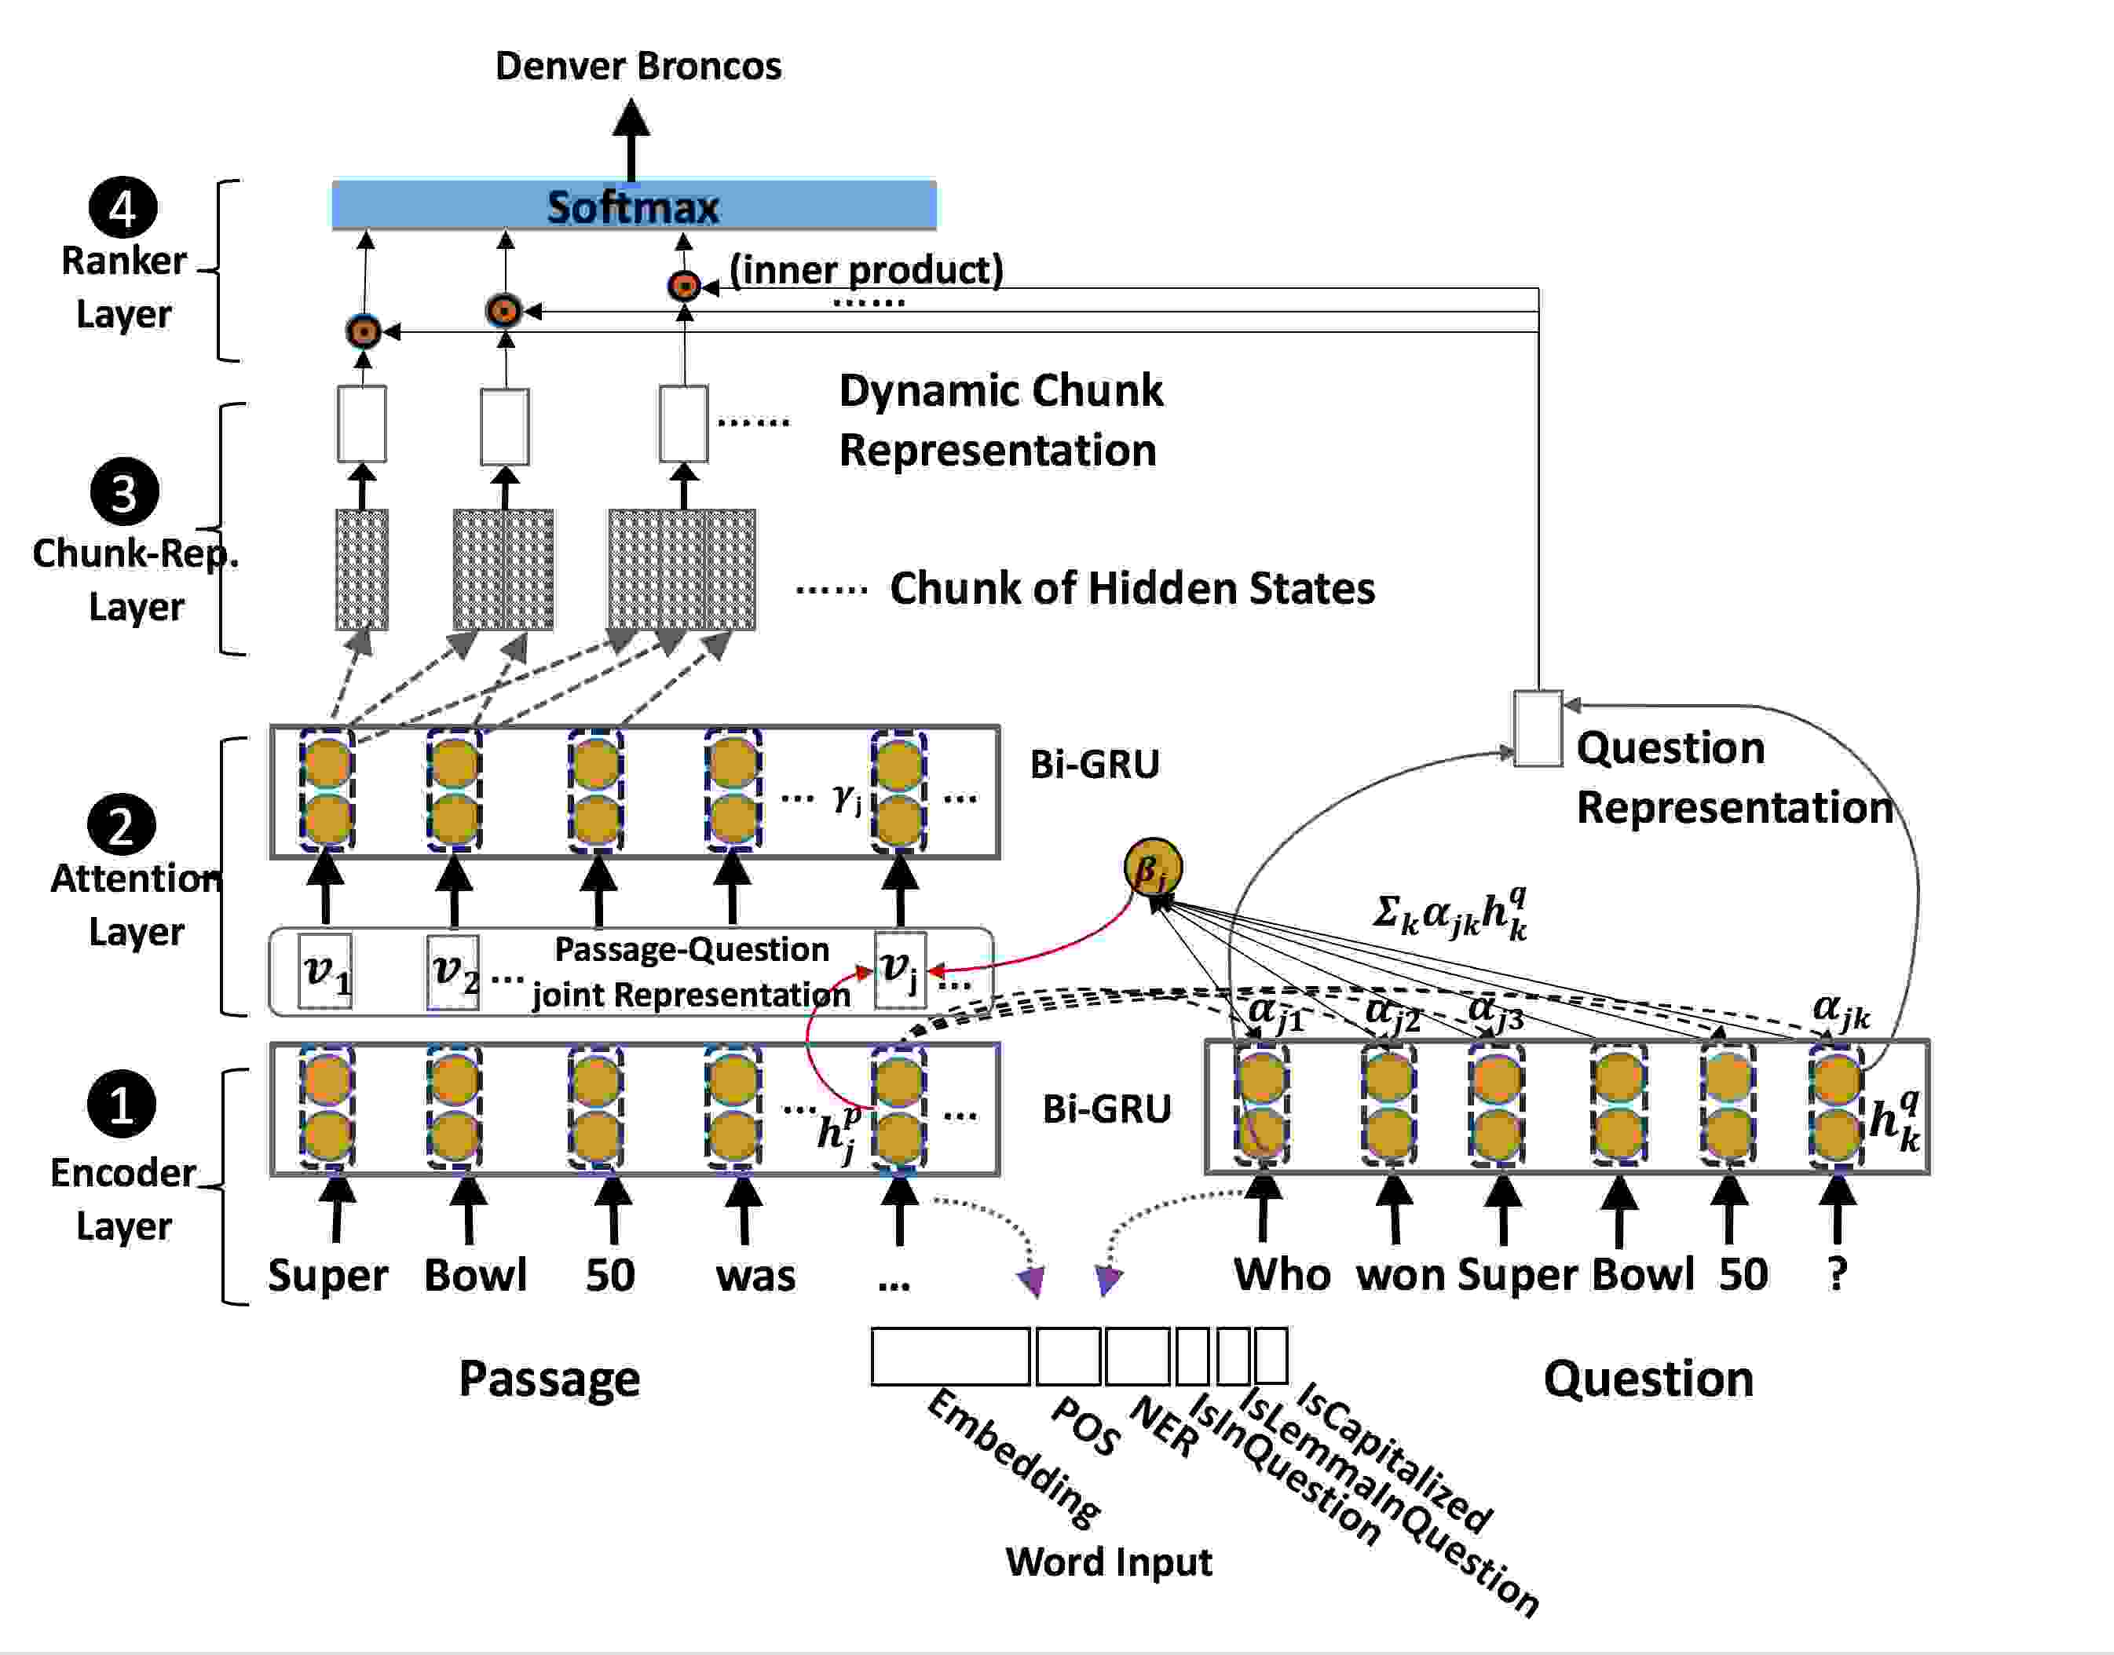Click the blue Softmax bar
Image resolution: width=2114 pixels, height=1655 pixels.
point(634,206)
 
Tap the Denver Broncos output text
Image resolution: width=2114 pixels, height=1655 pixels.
point(638,66)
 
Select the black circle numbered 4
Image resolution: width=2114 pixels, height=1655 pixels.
point(123,207)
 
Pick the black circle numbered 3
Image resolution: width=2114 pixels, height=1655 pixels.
point(124,491)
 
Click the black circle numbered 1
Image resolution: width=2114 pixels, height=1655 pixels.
point(121,1104)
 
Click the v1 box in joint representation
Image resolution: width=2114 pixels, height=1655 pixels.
point(324,972)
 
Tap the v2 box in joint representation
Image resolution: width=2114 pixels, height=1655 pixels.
point(454,972)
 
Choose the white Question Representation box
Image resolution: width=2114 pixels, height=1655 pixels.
point(1538,729)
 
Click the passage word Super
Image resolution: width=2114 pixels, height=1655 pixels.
point(327,1275)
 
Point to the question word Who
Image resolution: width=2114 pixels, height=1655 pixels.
point(1282,1274)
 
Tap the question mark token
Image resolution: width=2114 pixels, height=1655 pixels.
point(1837,1274)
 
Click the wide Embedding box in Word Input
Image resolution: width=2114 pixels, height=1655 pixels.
point(950,1356)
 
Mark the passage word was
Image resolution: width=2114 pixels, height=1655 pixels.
point(756,1276)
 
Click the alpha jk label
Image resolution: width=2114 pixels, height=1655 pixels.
point(1841,1010)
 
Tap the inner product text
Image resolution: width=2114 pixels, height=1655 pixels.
point(866,270)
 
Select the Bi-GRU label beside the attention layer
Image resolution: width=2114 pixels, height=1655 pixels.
point(1095,764)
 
